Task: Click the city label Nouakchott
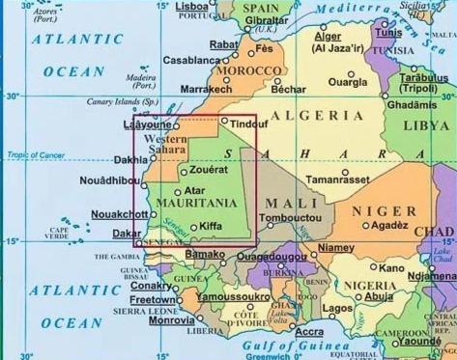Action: click(119, 214)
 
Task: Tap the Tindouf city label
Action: click(249, 124)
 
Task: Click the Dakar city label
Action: click(126, 234)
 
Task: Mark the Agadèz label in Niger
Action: click(389, 226)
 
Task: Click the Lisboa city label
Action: click(193, 6)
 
